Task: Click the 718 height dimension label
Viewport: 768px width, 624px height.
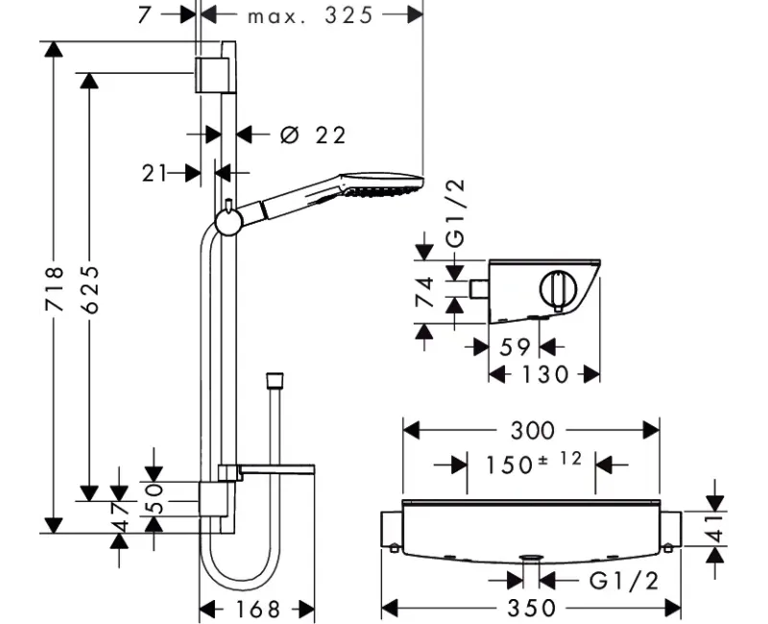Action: point(55,289)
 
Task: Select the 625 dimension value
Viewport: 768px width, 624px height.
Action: point(90,289)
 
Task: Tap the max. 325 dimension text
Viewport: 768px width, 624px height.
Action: point(310,15)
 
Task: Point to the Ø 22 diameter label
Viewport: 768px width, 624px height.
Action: point(313,134)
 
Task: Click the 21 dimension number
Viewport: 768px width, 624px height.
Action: point(155,174)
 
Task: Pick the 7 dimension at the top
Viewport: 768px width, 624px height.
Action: point(145,14)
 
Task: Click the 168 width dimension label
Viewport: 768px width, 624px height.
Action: point(257,609)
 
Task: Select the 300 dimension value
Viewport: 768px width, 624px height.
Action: point(533,430)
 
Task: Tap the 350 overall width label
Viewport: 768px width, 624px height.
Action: point(532,608)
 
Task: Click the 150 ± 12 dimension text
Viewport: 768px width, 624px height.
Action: point(534,463)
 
